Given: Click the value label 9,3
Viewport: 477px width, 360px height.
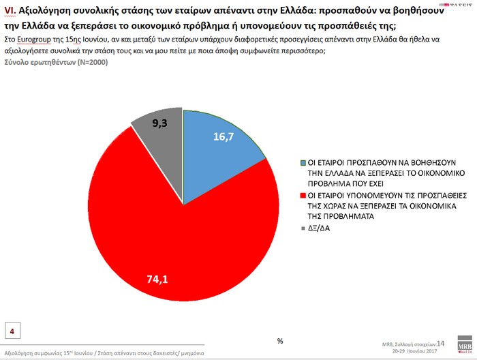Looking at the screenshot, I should click(161, 123).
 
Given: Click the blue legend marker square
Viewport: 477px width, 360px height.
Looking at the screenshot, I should click(303, 164).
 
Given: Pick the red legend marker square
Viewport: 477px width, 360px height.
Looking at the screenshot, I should click(303, 194).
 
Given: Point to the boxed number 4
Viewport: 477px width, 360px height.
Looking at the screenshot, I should click(12, 330).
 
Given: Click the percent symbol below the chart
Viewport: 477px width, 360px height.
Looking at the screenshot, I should click(280, 340).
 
